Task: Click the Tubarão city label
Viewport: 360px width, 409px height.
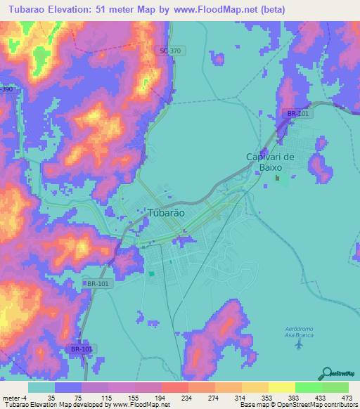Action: (x=167, y=213)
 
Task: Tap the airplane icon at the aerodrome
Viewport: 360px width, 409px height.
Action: (x=300, y=344)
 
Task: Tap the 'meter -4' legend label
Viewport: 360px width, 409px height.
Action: (x=14, y=396)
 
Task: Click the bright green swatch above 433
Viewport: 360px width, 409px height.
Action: (x=308, y=387)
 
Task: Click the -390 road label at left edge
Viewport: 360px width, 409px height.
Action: (x=6, y=91)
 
